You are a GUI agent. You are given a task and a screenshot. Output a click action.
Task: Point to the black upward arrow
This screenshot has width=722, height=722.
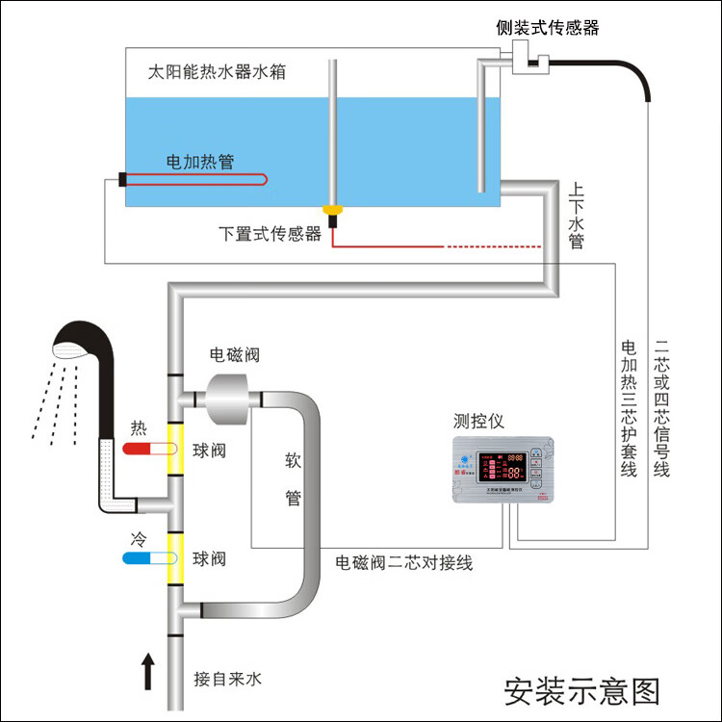(147, 671)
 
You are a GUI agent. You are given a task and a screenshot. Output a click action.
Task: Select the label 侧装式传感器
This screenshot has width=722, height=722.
(548, 28)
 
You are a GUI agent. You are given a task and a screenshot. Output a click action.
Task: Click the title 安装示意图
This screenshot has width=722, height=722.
(582, 690)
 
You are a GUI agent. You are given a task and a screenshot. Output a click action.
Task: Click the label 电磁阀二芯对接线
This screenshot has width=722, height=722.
(403, 562)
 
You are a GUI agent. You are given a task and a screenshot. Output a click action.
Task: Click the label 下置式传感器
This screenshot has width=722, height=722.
(270, 233)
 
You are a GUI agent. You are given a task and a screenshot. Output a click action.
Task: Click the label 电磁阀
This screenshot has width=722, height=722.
(235, 355)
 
